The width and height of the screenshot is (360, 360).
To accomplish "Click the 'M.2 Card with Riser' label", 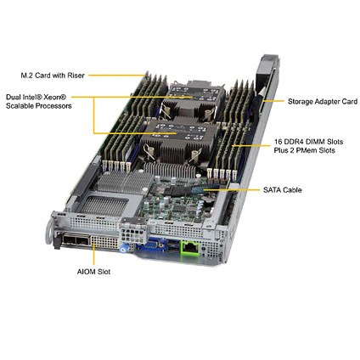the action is pyautogui.click(x=53, y=76).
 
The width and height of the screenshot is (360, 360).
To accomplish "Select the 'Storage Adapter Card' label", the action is pyautogui.click(x=323, y=101).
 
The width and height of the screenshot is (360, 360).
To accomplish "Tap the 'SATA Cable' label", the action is pyautogui.click(x=283, y=189).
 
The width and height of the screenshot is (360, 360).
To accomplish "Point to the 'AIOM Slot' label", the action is pyautogui.click(x=93, y=272).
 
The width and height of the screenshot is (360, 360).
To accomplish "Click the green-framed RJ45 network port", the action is pyautogui.click(x=190, y=247).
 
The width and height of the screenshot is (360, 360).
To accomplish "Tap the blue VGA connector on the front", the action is pyautogui.click(x=151, y=245).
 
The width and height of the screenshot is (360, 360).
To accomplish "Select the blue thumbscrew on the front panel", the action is pyautogui.click(x=123, y=249).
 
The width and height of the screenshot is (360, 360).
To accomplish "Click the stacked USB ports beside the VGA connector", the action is pyautogui.click(x=172, y=245).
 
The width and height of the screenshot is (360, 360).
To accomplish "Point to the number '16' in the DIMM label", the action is pyautogui.click(x=278, y=142).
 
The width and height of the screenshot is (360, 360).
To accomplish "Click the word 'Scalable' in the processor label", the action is pyautogui.click(x=20, y=106).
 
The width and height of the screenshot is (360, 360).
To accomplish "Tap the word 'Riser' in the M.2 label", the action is pyautogui.click(x=76, y=76).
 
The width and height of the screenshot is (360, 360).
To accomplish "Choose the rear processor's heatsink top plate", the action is pyautogui.click(x=194, y=94).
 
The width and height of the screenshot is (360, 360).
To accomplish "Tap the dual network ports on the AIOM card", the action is pyautogui.click(x=76, y=241).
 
